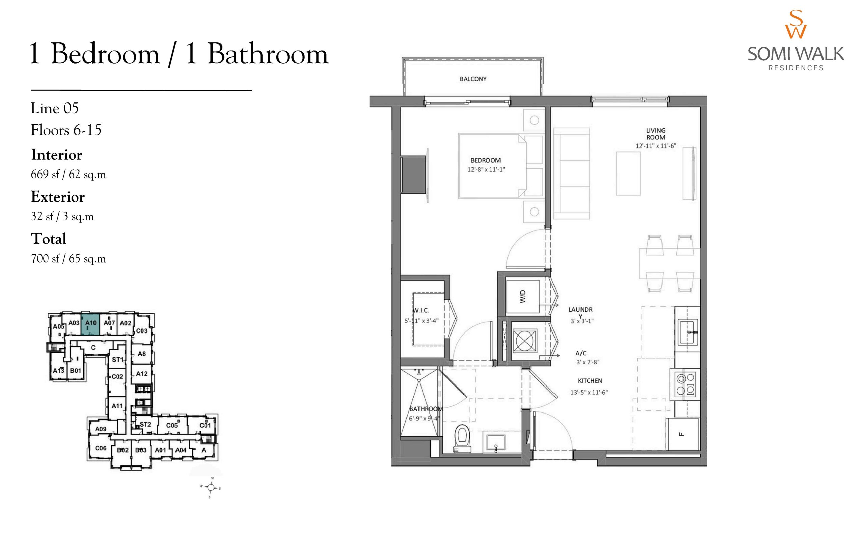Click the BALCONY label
point(473,79)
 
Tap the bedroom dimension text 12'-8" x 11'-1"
point(486,169)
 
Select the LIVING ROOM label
point(655,134)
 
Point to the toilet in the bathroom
point(462,438)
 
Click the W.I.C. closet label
point(421,310)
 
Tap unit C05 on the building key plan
point(172,425)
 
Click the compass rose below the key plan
point(211,487)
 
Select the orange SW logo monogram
point(795,24)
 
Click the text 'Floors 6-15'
point(66,130)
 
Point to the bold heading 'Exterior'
point(58,197)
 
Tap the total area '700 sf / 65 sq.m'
point(69,259)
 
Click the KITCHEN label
point(590,381)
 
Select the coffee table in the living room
point(628,174)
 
